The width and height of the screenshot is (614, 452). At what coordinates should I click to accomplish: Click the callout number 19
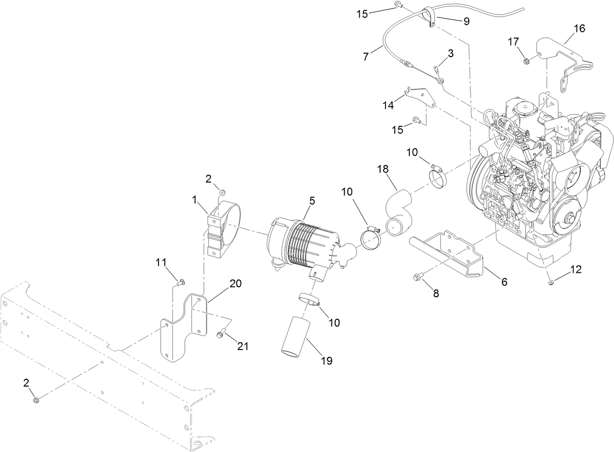coord(326,361)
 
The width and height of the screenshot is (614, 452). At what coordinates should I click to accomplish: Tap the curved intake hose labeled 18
coord(399,213)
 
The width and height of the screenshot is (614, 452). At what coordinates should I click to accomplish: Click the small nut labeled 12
coord(550,282)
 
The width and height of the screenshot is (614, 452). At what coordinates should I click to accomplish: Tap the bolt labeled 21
coord(220,334)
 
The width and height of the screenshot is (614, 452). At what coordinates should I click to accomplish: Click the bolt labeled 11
coord(181,281)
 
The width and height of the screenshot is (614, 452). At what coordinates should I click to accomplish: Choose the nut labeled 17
coord(527,61)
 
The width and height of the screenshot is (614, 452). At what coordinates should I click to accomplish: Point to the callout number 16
coord(579,28)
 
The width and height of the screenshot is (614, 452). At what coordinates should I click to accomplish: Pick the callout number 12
coord(576,269)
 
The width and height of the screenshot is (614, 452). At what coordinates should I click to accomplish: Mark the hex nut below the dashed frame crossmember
coord(36,400)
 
